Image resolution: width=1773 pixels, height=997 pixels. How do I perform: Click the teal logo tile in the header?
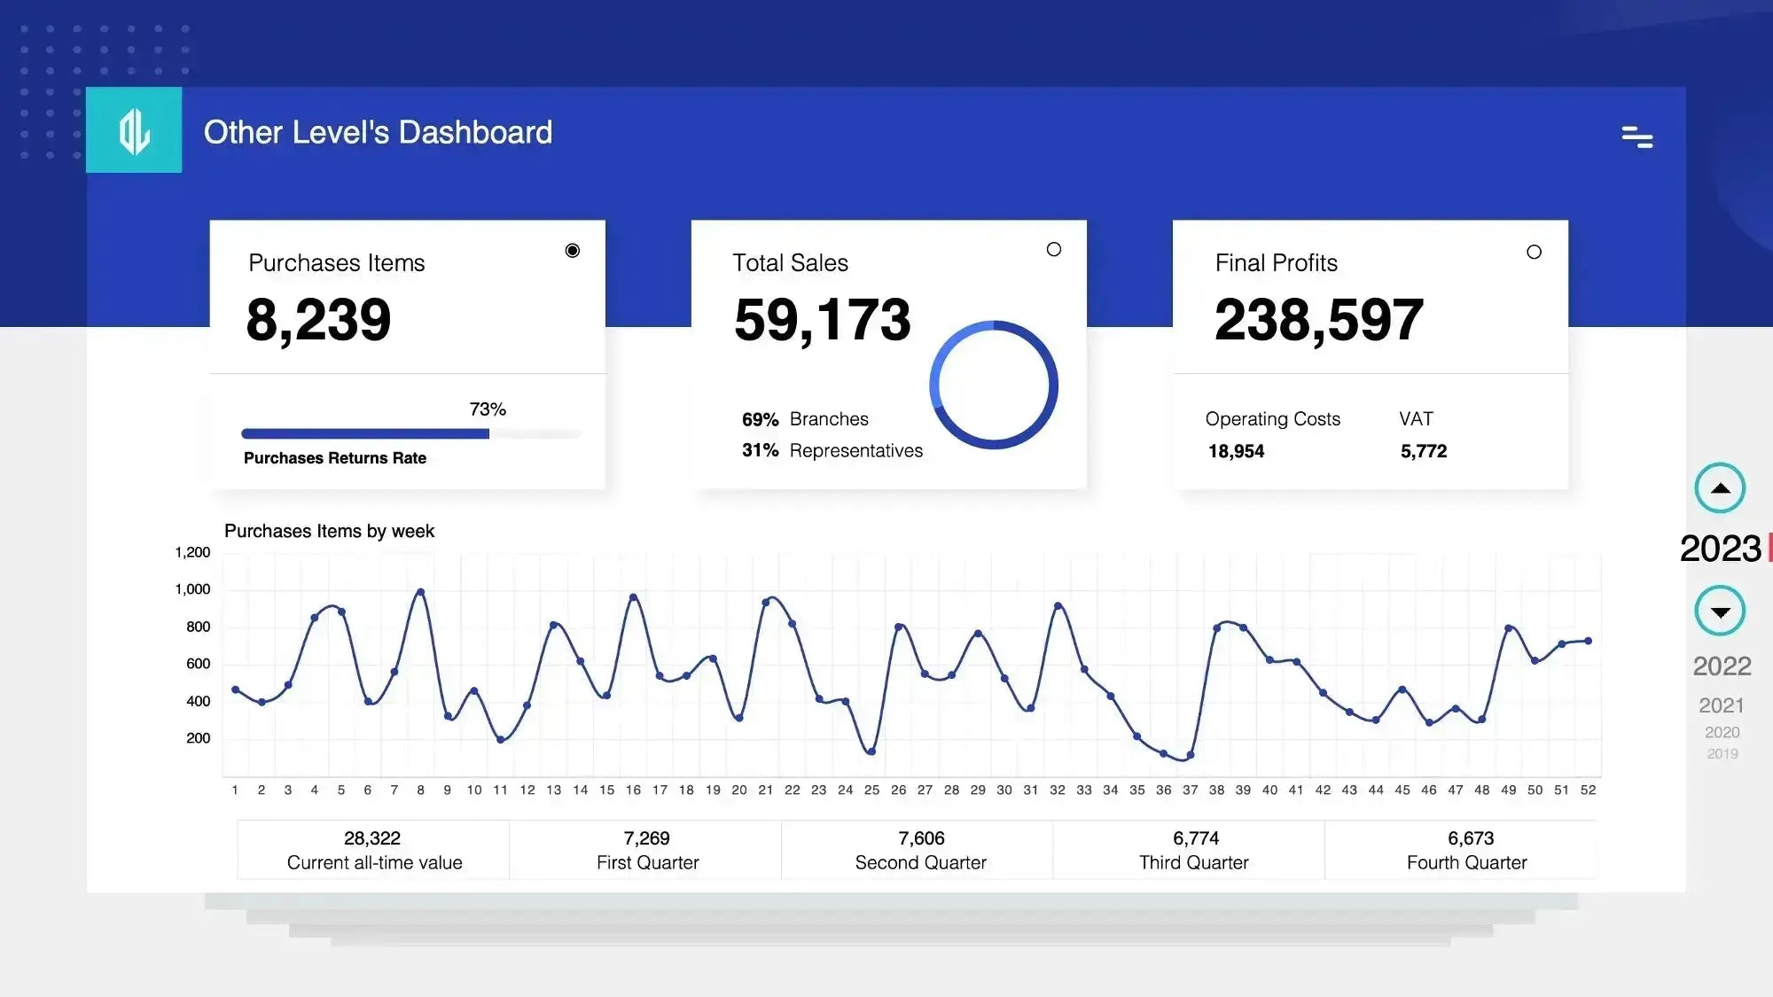click(x=134, y=129)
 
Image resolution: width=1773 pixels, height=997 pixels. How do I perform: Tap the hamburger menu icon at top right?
click(x=1636, y=136)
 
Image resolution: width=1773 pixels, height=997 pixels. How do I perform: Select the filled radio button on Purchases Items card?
click(x=573, y=251)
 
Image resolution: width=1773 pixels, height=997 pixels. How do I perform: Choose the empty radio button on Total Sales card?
click(x=1053, y=250)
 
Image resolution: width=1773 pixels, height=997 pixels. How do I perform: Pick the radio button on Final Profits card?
click(x=1534, y=252)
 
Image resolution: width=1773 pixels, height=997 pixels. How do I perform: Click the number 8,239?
click(x=318, y=320)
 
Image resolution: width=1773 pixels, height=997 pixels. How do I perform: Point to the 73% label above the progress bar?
click(x=488, y=409)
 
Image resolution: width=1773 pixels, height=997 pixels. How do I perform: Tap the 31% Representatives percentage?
click(x=760, y=450)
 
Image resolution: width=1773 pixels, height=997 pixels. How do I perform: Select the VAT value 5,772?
click(x=1423, y=451)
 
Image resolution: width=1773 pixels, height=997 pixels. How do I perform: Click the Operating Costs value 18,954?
click(x=1236, y=451)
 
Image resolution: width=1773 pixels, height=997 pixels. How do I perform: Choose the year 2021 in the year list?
click(x=1721, y=705)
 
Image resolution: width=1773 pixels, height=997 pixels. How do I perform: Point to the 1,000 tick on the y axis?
click(x=192, y=589)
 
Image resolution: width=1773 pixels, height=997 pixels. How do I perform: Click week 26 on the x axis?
click(x=898, y=790)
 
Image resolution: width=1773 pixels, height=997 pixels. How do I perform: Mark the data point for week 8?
click(x=420, y=592)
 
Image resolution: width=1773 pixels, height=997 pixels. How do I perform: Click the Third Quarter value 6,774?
click(x=1195, y=838)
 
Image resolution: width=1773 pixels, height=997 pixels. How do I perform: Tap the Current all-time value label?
click(x=374, y=862)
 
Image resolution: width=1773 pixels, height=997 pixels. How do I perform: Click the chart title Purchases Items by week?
click(x=329, y=531)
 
